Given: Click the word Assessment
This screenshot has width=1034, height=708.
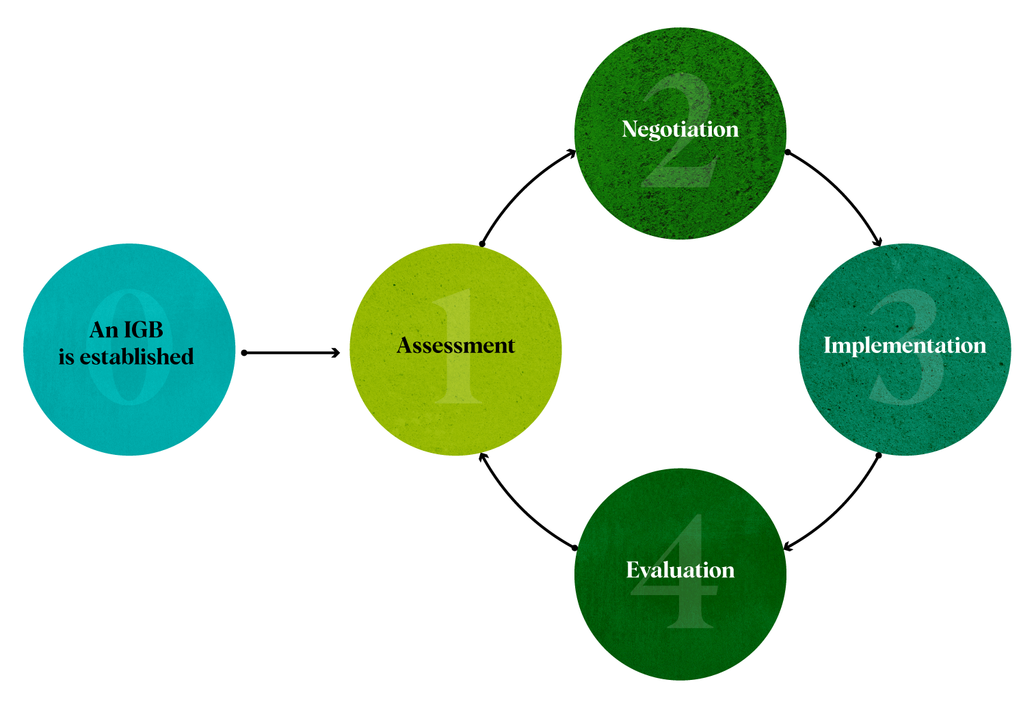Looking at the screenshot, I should tap(455, 345).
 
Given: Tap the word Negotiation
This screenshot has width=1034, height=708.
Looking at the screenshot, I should tap(680, 129).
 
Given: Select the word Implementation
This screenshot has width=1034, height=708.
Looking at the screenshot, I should tap(904, 345).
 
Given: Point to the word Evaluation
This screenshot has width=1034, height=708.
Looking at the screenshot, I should tap(680, 570).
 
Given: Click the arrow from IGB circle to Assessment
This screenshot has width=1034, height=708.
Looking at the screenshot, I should tap(291, 353).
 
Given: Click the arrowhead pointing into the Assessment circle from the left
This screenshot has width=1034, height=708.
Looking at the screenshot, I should tap(336, 353).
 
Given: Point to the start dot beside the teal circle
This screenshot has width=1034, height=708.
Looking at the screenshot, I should tap(244, 353).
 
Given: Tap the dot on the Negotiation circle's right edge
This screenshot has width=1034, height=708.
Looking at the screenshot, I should tap(787, 152).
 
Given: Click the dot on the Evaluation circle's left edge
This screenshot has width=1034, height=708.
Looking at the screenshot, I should tap(574, 548).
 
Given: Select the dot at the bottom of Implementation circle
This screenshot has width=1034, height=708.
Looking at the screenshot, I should tap(879, 455).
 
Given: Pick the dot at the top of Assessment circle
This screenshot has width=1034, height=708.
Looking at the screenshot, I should tap(482, 244).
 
